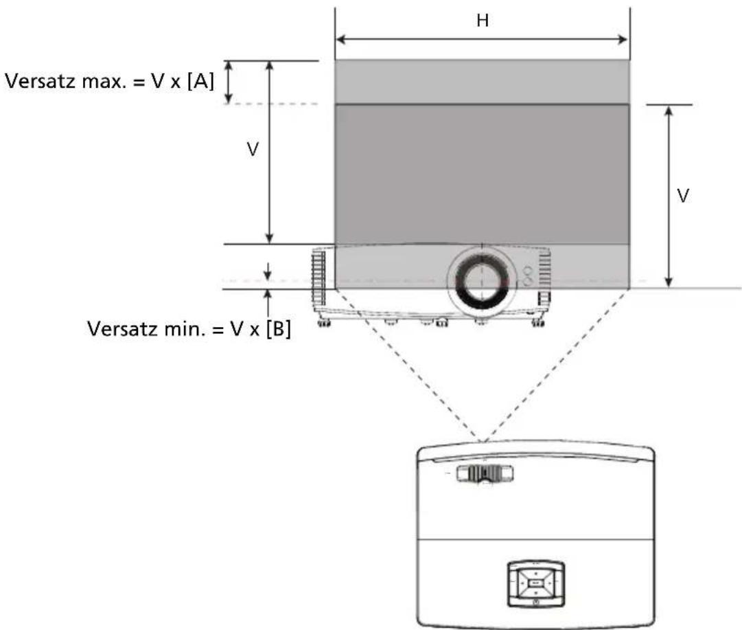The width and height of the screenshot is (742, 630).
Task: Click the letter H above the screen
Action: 483,21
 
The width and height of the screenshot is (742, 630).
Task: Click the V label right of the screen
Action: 682,196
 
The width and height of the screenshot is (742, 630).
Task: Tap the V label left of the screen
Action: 253,150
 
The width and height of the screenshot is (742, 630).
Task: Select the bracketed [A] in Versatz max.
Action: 200,82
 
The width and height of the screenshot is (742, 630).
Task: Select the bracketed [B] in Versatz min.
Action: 278,328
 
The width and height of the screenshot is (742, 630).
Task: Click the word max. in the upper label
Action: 104,82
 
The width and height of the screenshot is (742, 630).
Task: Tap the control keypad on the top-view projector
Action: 535,583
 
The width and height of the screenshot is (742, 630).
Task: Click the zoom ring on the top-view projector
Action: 485,473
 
